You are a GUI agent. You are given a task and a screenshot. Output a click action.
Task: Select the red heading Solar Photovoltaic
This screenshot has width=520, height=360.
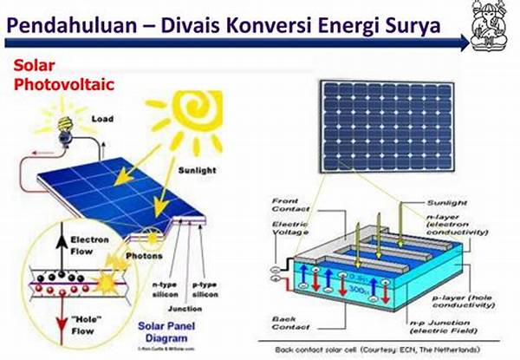coord(54,75)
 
